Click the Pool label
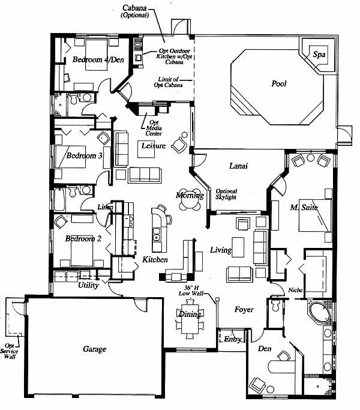pos(278,83)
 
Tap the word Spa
pos(319,55)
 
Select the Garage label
pos(94,349)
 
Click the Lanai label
pos(238,166)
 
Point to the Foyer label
pos(244,310)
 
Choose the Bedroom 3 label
pos(84,155)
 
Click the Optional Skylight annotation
pos(226,194)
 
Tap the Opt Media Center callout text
pos(154,128)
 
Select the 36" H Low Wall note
pos(191,291)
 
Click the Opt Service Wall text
pos(10,351)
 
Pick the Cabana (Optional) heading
pos(134,11)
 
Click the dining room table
pos(190,319)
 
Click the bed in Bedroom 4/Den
pos(96,55)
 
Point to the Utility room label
pos(88,285)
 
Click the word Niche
pos(295,290)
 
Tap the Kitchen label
pos(155,259)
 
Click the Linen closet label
pos(106,207)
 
